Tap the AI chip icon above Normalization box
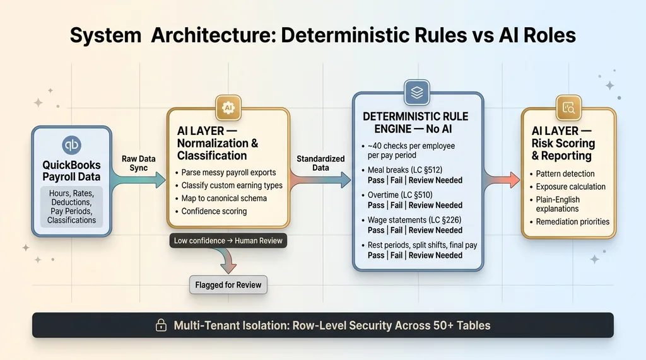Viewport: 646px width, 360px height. point(228,108)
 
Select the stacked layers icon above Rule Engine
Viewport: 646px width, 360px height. point(416,93)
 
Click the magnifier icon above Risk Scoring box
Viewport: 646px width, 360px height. point(568,108)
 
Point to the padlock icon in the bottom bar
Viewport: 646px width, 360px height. point(161,326)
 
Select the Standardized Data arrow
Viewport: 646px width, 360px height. point(320,180)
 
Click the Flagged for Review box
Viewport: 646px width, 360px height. point(228,284)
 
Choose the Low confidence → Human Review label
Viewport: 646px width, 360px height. point(228,240)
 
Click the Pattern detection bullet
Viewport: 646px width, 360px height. point(565,173)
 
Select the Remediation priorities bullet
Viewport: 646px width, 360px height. point(572,221)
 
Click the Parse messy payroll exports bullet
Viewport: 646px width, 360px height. point(229,172)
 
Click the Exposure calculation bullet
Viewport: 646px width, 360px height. point(570,187)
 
